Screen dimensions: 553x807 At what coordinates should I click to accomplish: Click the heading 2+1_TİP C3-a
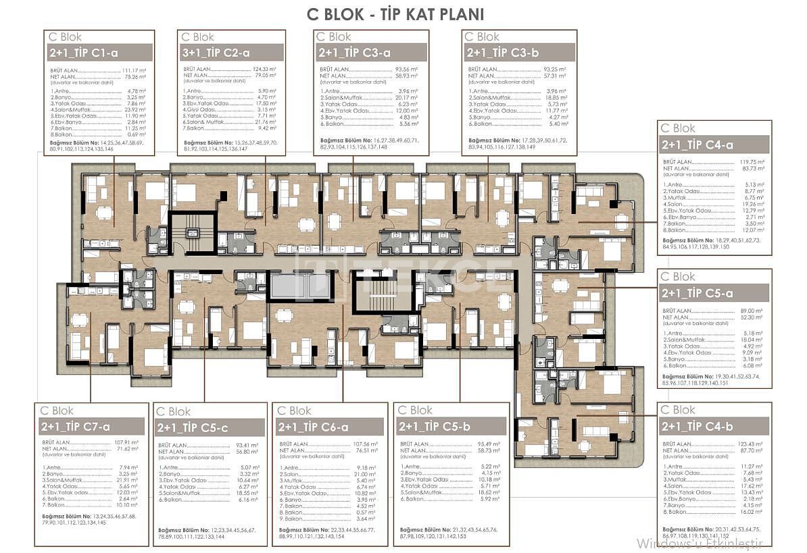tap(353, 53)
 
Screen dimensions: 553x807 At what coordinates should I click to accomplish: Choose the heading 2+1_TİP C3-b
tap(502, 53)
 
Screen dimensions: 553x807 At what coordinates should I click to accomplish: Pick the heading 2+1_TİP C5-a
tap(697, 293)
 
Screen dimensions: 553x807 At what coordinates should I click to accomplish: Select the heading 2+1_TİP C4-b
tap(697, 427)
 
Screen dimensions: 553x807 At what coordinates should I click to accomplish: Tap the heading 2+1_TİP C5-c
tap(193, 428)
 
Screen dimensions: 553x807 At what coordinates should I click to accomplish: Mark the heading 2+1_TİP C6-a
tap(313, 427)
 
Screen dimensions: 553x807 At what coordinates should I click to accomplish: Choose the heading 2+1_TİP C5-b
tap(434, 426)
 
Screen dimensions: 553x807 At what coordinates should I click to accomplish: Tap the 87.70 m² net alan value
tap(752, 450)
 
